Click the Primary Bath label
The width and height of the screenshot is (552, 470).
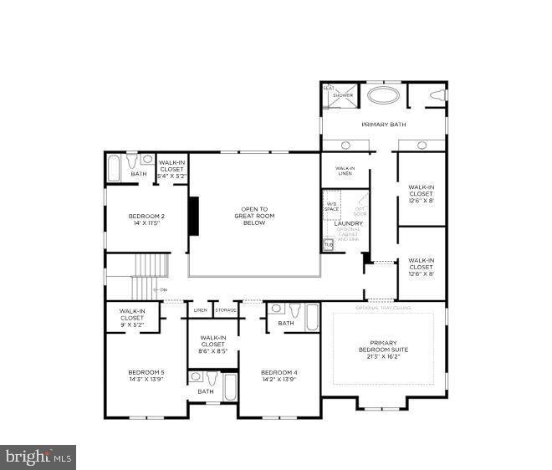coord(384,125)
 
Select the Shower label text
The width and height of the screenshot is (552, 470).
coord(343,95)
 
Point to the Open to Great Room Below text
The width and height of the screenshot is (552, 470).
coord(254,216)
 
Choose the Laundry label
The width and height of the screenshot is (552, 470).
coord(348,223)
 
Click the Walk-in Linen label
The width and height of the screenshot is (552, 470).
coord(345,171)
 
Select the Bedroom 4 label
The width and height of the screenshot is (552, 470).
coord(279,375)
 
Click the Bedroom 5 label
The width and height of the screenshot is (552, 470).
coord(146,375)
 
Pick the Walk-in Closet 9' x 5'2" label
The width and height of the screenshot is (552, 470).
coord(132,318)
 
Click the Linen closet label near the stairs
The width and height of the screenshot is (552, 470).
coord(201,311)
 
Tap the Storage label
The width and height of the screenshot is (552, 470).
coord(226,311)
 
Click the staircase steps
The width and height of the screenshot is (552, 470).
coord(151,268)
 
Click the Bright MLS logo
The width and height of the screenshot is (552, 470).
coord(38,457)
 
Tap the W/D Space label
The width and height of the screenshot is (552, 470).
coord(332,205)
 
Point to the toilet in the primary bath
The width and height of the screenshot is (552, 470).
coord(436,96)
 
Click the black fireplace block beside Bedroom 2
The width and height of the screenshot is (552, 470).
coord(193,216)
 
